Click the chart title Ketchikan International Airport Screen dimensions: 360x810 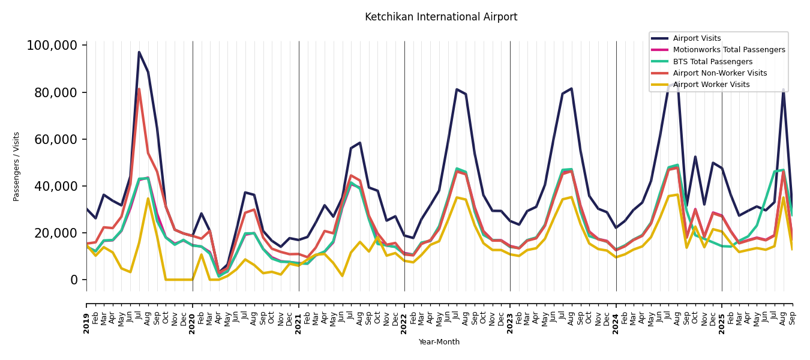point(441,17)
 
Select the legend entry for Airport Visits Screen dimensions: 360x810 point(697,38)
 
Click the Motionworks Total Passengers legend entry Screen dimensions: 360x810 point(728,50)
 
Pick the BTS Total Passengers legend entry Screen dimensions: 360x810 point(712,62)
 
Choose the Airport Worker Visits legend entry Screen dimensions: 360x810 point(711,85)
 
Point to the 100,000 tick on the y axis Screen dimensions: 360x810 point(52,46)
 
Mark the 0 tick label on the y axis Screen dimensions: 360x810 point(74,280)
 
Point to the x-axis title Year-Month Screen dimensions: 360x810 point(439,342)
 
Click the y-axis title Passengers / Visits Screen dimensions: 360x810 point(17,166)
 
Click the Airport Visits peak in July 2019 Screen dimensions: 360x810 point(139,52)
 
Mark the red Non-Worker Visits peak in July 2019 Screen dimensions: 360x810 point(139,89)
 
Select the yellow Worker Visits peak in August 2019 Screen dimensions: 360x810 point(148,199)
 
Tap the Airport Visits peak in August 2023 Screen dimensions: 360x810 point(571,89)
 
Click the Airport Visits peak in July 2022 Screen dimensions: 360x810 point(457,89)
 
